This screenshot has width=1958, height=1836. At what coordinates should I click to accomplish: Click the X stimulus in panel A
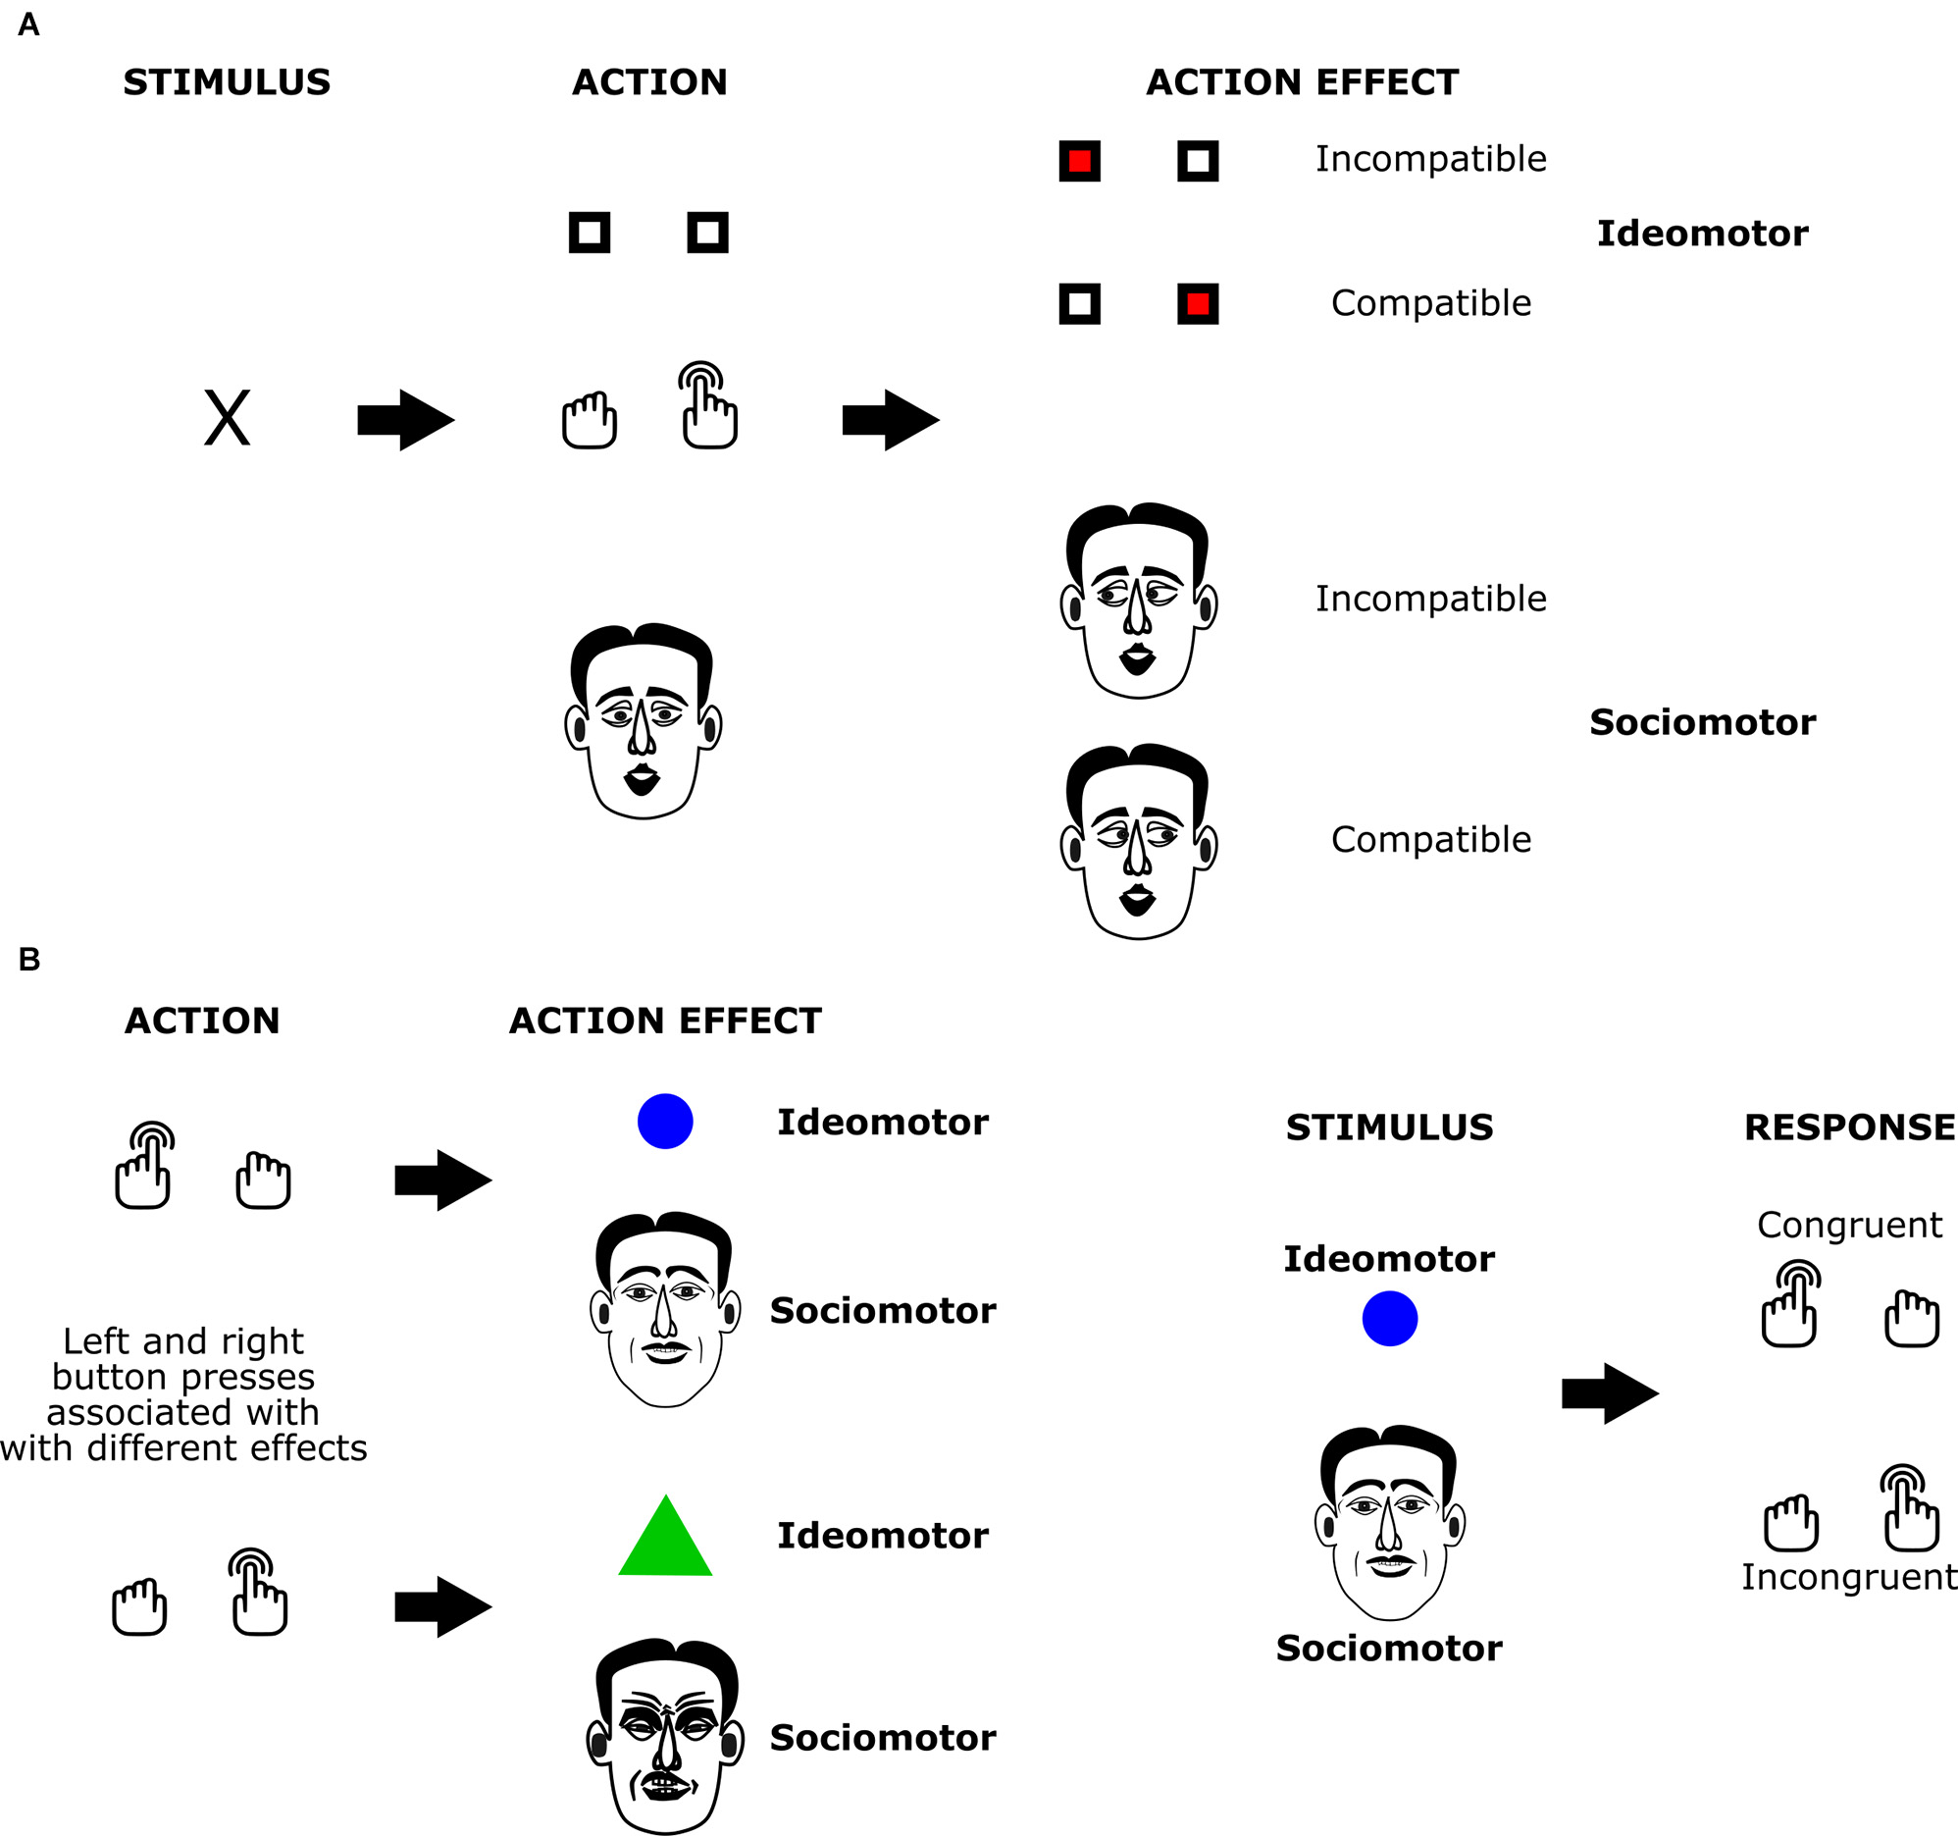tap(227, 419)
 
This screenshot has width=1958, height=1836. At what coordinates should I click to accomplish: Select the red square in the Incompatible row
tap(1079, 161)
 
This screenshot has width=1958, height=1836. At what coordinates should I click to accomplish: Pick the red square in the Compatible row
tap(1198, 303)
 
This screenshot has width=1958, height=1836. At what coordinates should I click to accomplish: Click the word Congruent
tap(1849, 1225)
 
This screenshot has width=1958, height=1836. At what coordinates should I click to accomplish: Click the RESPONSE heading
tap(1849, 1127)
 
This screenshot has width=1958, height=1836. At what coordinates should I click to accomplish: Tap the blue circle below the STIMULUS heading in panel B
tap(1389, 1318)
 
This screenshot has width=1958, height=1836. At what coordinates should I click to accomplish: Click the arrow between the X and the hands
tap(405, 420)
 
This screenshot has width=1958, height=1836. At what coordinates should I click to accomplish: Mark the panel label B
tap(29, 959)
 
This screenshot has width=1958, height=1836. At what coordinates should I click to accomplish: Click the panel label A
tap(28, 24)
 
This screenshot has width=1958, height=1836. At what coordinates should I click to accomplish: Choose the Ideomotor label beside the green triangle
tap(883, 1536)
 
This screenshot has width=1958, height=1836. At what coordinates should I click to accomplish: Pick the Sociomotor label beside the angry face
tap(883, 1738)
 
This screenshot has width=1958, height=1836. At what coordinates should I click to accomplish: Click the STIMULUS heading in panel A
tap(227, 81)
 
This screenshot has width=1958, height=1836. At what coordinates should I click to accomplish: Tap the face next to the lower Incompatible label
tap(1139, 600)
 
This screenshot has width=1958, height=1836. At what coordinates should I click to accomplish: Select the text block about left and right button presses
tap(183, 1393)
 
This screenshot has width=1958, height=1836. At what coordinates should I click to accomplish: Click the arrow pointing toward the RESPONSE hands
tap(1611, 1392)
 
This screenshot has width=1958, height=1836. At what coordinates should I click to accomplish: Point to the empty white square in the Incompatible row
tap(1198, 161)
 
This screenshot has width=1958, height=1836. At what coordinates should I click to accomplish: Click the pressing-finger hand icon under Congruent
tap(1789, 1305)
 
